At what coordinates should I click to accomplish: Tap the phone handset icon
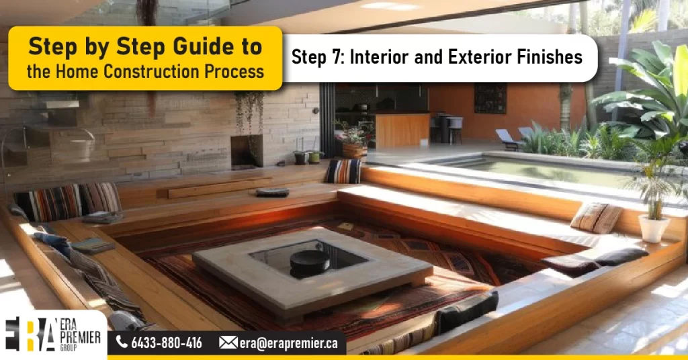122,343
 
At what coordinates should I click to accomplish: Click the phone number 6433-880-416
167,343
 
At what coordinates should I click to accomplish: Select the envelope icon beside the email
228,343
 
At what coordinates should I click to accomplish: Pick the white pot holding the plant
654,228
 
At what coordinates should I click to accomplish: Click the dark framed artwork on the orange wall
490,99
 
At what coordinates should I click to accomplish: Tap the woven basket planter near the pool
353,148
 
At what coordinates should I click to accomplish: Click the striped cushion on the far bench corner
343,171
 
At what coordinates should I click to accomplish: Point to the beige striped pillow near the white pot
597,218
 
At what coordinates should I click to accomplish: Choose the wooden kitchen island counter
402,129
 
